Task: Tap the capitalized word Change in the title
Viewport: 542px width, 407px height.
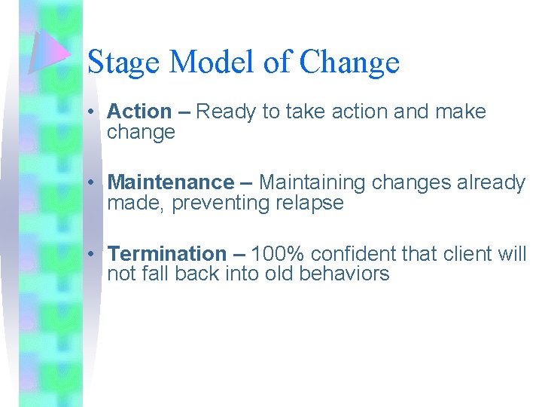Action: pyautogui.click(x=349, y=62)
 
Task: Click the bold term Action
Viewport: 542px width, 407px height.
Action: pyautogui.click(x=139, y=112)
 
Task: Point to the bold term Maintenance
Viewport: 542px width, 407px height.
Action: pyautogui.click(x=171, y=182)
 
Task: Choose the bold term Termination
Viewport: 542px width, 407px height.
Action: pyautogui.click(x=166, y=254)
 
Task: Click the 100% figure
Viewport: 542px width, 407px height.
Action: pyautogui.click(x=278, y=254)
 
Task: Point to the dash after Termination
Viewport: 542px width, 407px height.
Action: pyautogui.click(x=239, y=254)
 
